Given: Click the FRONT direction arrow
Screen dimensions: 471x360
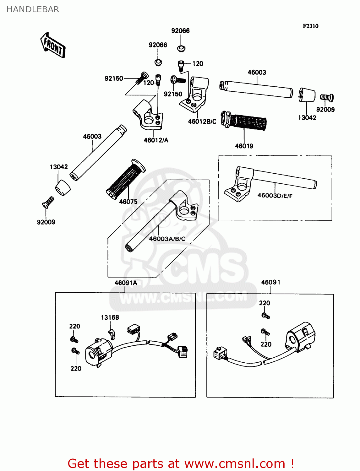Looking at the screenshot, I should coord(53,45).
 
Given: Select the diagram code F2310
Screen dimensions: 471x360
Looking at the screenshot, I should coord(310,26).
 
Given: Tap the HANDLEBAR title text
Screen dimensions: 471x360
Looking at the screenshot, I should coord(33,9).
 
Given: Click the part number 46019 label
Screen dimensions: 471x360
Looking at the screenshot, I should coord(244,146).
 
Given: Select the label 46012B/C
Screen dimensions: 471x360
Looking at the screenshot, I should coord(202,122).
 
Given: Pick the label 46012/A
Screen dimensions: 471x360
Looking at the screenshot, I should coord(156,140).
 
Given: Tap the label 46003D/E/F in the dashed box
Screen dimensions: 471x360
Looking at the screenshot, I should coord(275,196).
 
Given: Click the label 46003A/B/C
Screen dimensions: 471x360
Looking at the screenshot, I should coord(167,239).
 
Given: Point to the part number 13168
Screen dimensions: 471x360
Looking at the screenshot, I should coord(110,317).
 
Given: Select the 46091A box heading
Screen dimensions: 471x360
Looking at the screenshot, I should coord(126,283).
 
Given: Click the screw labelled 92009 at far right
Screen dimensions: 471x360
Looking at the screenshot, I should coord(327,98).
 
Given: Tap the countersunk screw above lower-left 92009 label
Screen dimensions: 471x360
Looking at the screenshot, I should coord(48,202).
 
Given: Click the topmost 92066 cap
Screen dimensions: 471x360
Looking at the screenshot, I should coord(181,48).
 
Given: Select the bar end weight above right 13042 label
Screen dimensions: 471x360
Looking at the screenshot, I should coord(307,95).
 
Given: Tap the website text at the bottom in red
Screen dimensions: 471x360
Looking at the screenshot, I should coord(181,463).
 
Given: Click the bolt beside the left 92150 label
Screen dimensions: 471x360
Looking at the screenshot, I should coord(142,78).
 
